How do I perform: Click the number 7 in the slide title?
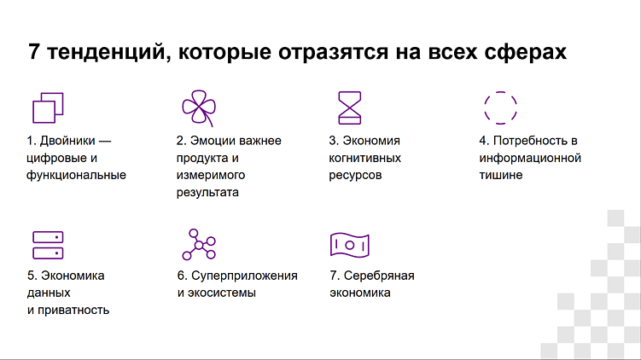33,52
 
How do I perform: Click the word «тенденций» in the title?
99,52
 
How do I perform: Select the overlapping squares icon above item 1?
49,108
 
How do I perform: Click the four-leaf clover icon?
198,108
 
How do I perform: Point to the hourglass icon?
350,108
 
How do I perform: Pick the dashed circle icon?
501,108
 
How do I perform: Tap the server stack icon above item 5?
49,245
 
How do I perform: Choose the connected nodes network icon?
199,245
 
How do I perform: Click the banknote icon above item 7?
350,245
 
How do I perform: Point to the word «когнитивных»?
365,158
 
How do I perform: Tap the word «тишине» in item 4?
500,175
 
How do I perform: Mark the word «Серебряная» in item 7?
378,276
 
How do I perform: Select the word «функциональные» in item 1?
76,175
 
